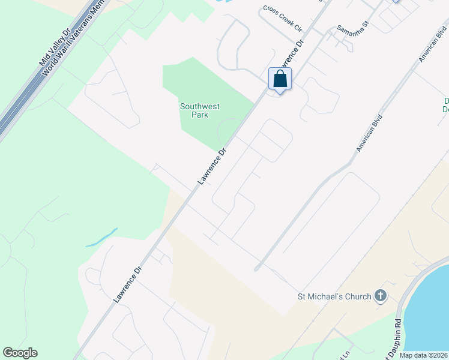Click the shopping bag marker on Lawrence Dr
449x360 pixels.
tap(280, 79)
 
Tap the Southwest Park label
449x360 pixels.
tap(200, 110)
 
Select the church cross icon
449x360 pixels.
tap(380, 295)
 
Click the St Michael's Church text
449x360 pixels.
tap(334, 296)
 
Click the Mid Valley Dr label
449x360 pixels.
tap(54, 43)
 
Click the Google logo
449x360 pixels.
tap(20, 353)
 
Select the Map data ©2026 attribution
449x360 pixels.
tap(423, 355)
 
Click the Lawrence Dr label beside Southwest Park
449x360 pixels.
tap(214, 166)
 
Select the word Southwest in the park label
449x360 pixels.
tap(200, 106)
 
